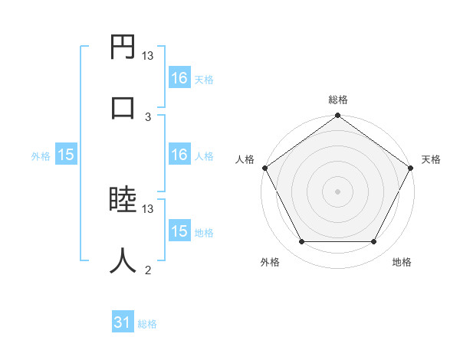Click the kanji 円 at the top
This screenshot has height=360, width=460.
(x=123, y=47)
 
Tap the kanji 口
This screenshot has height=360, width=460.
(x=123, y=108)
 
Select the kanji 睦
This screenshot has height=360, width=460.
(x=123, y=201)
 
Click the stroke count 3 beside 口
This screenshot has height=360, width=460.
(x=148, y=116)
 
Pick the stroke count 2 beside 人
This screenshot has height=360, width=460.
(x=148, y=270)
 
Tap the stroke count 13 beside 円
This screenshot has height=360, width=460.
(x=148, y=56)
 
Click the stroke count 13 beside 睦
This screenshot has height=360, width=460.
(x=148, y=208)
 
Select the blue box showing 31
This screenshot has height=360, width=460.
(x=122, y=323)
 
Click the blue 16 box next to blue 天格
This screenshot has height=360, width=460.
(x=179, y=78)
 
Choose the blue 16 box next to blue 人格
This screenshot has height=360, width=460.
(x=179, y=155)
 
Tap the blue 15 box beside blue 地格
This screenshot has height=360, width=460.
(x=179, y=231)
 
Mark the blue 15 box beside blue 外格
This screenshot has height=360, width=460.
(x=66, y=155)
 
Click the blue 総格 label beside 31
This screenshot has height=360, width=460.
(x=147, y=324)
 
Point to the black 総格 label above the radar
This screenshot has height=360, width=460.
(x=337, y=100)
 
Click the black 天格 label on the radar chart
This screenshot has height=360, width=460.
(x=431, y=159)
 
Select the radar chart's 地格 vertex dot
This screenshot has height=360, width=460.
(x=374, y=242)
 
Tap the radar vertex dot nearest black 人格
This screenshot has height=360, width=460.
(x=264, y=168)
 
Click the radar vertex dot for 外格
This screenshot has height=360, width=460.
(x=301, y=242)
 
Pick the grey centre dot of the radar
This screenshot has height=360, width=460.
(x=337, y=191)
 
